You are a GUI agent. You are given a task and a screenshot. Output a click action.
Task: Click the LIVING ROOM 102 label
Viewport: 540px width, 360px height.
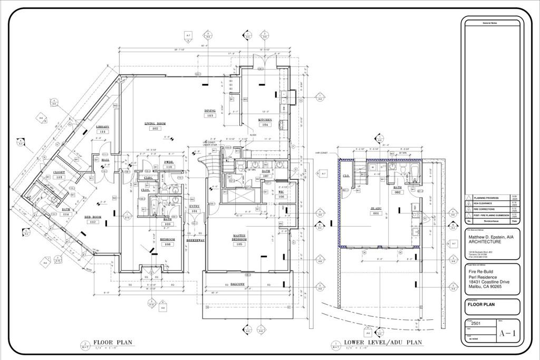coord(155,126)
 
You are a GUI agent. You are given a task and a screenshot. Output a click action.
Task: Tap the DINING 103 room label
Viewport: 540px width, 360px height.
coord(210,113)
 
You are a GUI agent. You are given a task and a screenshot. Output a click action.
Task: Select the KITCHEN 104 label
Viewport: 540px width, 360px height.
coord(264,122)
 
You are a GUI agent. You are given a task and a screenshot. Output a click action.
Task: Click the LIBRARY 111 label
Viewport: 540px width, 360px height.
coord(103,129)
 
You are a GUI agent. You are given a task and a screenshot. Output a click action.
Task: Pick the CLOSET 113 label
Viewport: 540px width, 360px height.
coord(59,174)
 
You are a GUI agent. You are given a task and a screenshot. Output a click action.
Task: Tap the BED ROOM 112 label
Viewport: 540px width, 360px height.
coord(93,219)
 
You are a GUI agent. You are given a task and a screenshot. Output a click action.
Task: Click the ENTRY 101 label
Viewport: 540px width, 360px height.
coord(195,208)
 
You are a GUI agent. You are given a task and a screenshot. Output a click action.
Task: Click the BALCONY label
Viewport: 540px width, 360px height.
coord(238,284)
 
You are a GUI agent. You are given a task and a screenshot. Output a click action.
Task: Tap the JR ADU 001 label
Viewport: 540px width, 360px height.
coord(376,211)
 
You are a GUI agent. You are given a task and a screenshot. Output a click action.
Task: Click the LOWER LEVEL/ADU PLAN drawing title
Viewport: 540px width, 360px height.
coord(383,342)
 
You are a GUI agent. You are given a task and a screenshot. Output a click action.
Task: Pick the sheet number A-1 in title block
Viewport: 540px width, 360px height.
coord(508,334)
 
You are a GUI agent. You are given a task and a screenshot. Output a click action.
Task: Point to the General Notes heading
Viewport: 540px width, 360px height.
coord(490,24)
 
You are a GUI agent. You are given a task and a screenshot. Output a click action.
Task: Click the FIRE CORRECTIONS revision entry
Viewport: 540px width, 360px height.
coord(484,209)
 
